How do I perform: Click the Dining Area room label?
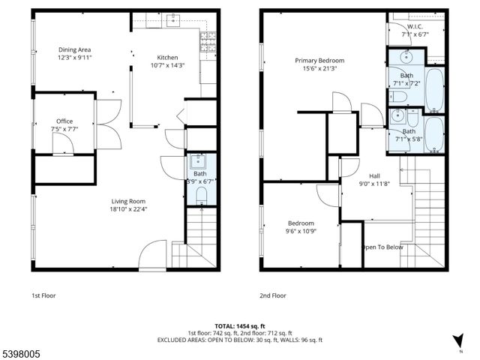coord(74,50)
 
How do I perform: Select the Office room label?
coord(64,121)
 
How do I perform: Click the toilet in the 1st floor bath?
coord(200,196)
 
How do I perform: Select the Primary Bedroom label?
coord(319,60)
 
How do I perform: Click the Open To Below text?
coord(382,247)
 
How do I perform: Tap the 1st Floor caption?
coord(43,295)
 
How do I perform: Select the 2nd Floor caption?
coord(274,295)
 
